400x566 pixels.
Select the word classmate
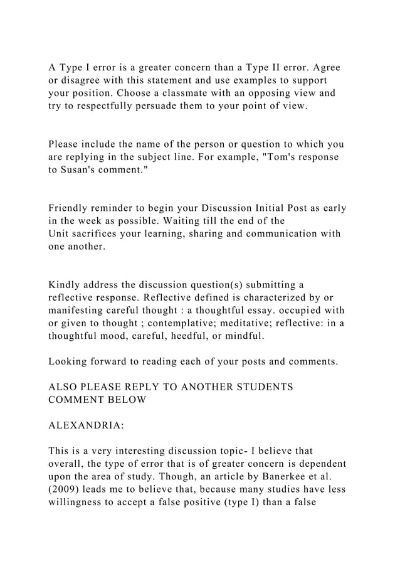(221, 93)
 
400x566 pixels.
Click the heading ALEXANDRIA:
(86, 425)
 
